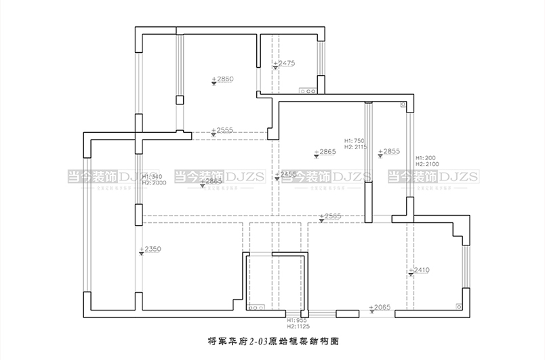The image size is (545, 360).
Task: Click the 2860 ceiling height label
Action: point(223,79)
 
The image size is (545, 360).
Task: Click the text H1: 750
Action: point(355,140)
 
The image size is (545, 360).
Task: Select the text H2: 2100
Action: point(427,164)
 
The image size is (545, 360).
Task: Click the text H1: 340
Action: point(152,176)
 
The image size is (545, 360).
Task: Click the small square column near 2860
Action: point(180,100)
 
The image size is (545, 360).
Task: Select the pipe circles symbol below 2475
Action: point(308,89)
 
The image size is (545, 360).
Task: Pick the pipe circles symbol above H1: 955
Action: point(255,308)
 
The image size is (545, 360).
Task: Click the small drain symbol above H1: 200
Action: point(403,106)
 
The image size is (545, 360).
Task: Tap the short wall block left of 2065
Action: point(347,314)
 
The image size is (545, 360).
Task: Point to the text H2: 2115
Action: point(356,147)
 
